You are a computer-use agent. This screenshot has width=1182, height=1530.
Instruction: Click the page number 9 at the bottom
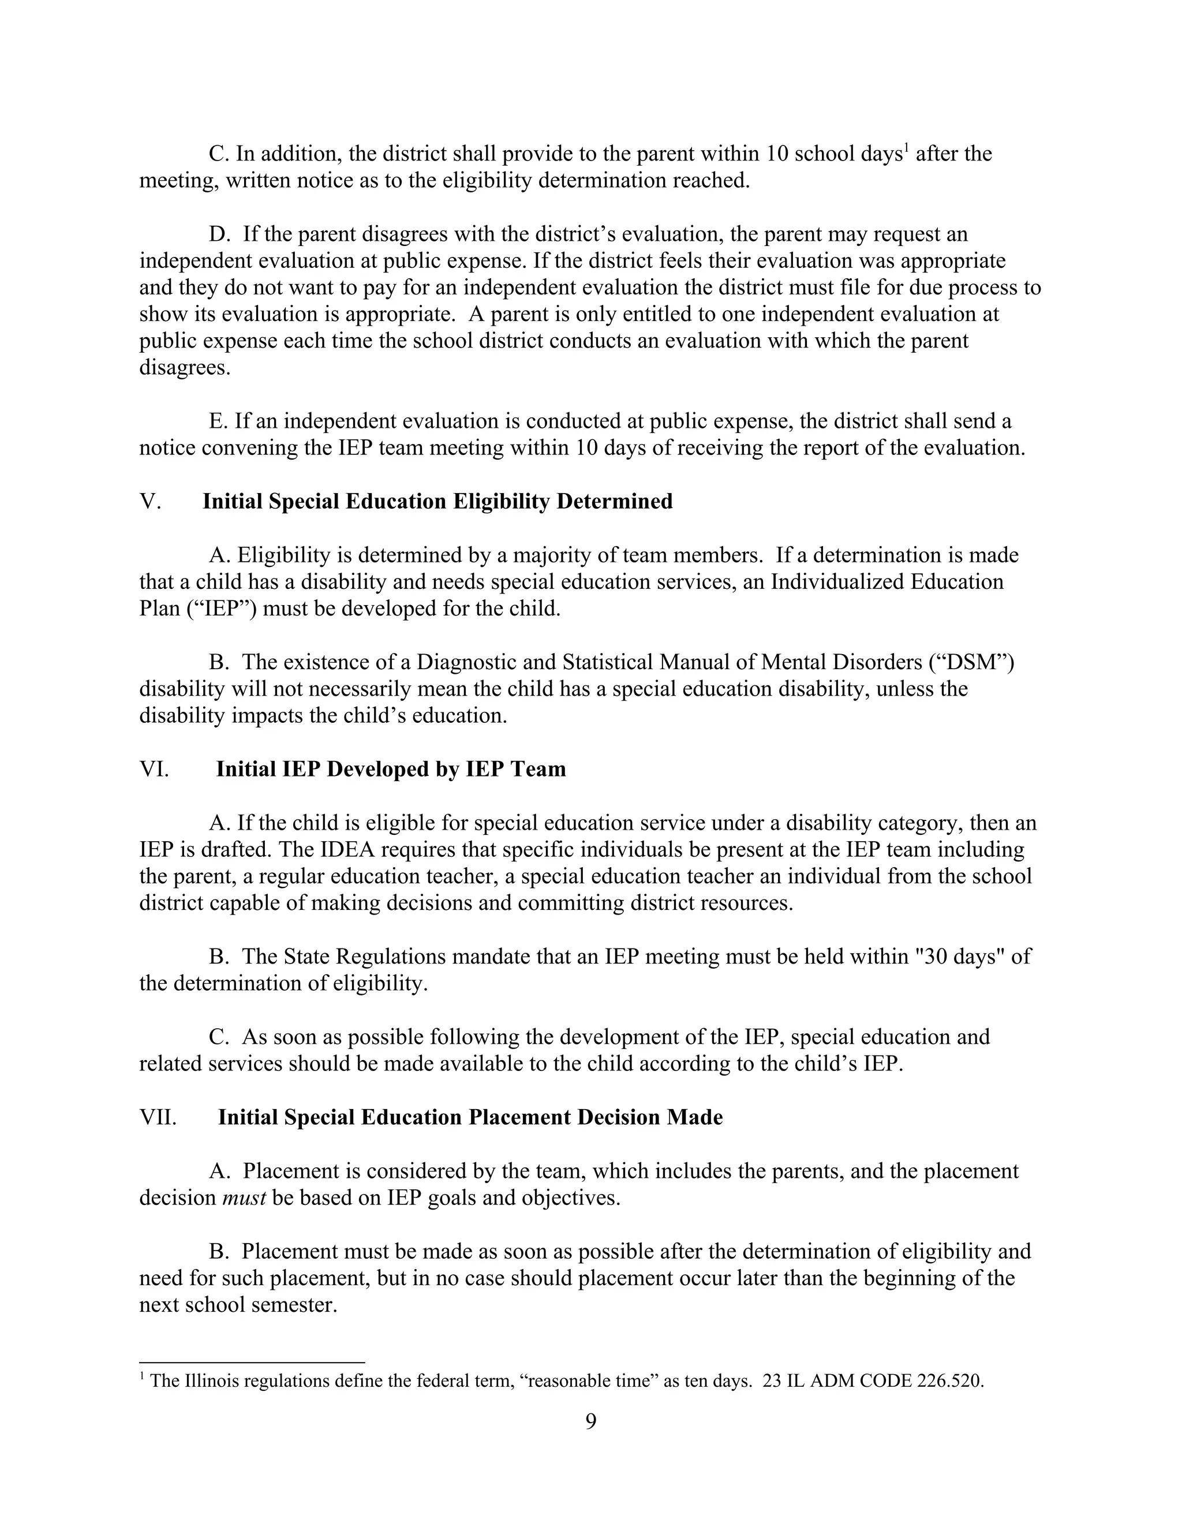click(x=590, y=1421)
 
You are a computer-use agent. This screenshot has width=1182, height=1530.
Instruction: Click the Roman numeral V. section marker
click(x=150, y=502)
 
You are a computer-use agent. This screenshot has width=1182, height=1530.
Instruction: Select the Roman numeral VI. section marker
click(x=154, y=769)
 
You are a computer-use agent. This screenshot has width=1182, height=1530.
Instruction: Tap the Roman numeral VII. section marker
click(x=158, y=1117)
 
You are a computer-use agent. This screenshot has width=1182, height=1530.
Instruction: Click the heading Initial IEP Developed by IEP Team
click(x=391, y=769)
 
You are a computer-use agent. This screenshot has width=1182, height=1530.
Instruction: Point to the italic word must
click(x=244, y=1197)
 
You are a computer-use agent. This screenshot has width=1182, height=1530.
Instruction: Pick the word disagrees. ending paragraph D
click(x=184, y=368)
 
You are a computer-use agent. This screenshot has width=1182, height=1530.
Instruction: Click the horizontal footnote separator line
click(x=252, y=1363)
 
